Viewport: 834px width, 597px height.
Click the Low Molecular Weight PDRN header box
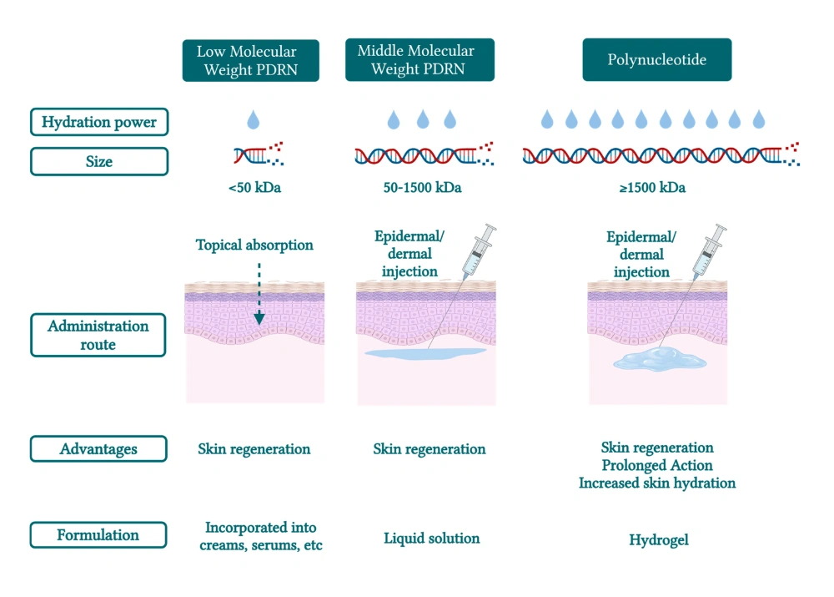pyautogui.click(x=250, y=60)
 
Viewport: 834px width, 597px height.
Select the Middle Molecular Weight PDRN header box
pyautogui.click(x=420, y=60)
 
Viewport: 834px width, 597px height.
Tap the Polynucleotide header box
pyautogui.click(x=656, y=60)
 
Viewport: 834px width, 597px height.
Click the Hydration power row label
pyautogui.click(x=98, y=122)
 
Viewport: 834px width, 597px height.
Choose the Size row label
pyautogui.click(x=98, y=161)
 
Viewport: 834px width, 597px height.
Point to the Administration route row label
pyautogui.click(x=98, y=335)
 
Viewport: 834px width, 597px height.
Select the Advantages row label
pyautogui.click(x=98, y=449)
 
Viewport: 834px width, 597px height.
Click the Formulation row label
pyautogui.click(x=98, y=535)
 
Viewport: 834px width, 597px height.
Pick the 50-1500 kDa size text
pyautogui.click(x=422, y=188)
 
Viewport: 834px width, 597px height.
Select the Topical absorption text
pyautogui.click(x=254, y=245)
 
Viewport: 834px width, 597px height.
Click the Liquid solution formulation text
pyautogui.click(x=431, y=539)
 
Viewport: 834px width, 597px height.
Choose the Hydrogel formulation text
pyautogui.click(x=659, y=540)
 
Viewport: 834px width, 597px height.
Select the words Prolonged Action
pyautogui.click(x=657, y=465)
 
